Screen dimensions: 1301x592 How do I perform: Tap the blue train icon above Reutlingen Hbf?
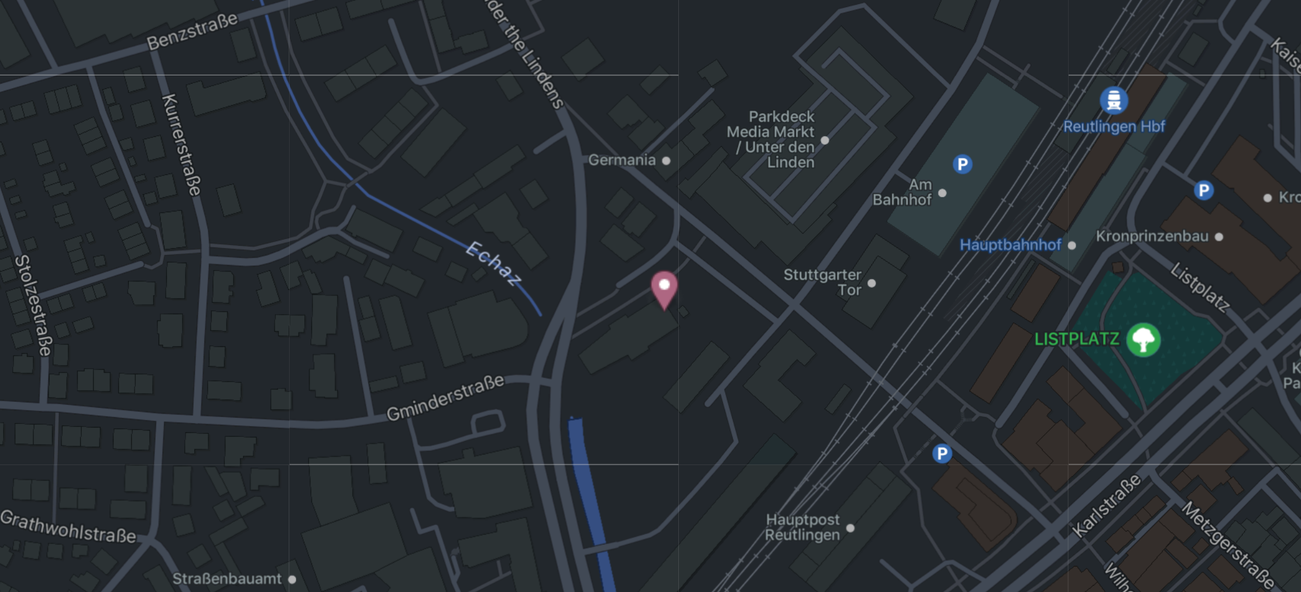1114,100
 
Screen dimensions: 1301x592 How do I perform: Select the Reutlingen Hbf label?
1114,127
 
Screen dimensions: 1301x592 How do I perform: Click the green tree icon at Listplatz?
1143,339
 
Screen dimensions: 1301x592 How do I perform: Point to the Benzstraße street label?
192,31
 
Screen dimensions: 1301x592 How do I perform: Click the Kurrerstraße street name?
181,144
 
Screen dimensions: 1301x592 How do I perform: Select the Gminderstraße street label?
445,398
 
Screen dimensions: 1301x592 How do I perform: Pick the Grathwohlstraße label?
68,526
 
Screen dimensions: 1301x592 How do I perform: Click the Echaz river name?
493,264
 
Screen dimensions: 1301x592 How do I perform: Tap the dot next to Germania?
666,161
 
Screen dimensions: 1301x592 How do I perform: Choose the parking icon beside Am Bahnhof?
962,164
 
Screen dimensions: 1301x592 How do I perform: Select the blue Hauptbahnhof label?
1010,245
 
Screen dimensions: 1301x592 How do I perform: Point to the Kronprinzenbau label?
1152,236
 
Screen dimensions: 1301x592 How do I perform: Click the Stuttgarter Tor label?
823,283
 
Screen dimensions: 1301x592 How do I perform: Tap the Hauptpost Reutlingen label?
802,527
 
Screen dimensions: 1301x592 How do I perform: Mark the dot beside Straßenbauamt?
292,580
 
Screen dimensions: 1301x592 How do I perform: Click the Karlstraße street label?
1106,505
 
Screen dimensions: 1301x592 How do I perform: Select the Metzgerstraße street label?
1227,545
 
